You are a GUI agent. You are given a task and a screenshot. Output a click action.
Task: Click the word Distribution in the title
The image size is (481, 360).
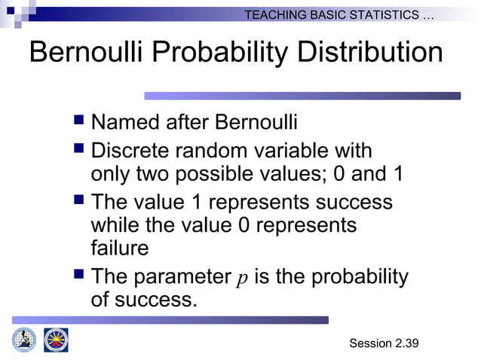(x=369, y=53)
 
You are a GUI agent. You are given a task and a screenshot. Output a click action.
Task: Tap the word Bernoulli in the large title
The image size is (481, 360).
(x=88, y=53)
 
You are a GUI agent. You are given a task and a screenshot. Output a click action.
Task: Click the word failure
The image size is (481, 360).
(x=120, y=248)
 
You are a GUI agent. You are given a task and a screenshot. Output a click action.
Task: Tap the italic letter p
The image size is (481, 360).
(x=242, y=278)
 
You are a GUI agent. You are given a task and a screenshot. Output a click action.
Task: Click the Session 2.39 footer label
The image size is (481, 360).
(x=384, y=343)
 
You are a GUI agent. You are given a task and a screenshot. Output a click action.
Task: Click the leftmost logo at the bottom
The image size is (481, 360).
(x=24, y=340)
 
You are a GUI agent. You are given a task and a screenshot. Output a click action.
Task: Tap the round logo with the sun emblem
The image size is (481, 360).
(x=56, y=340)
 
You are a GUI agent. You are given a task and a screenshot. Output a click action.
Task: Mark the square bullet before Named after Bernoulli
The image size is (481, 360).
(x=79, y=121)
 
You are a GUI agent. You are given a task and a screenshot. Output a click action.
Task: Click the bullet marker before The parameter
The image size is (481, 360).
(x=79, y=276)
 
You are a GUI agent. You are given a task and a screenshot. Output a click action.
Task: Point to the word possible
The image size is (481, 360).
(x=215, y=174)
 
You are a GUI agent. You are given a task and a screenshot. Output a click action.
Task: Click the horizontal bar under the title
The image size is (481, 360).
(x=302, y=96)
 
